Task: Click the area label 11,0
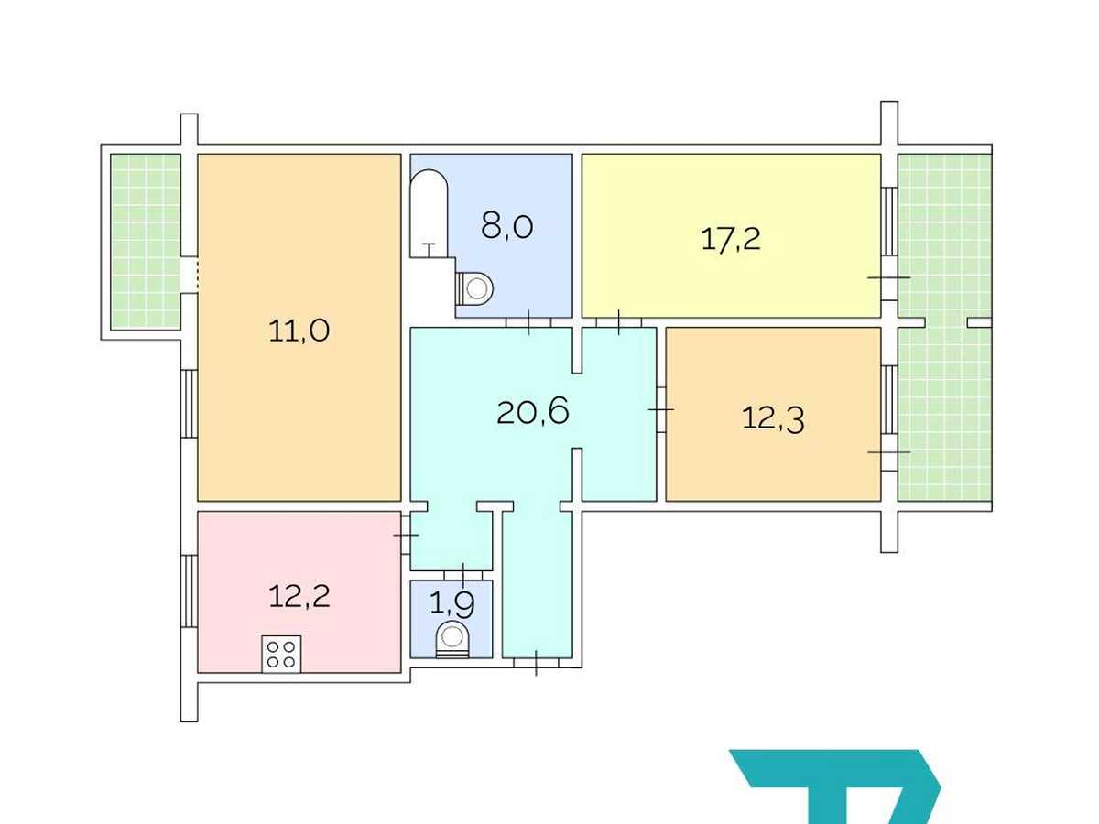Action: tap(299, 331)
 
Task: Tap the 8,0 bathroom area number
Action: tap(506, 226)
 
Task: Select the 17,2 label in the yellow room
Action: tap(731, 239)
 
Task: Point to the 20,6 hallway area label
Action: tap(533, 412)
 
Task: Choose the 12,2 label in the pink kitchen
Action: tap(299, 596)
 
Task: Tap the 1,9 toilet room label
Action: tap(452, 606)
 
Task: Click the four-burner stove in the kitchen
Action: tap(281, 654)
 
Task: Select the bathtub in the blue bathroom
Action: tap(429, 213)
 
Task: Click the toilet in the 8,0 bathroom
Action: tap(474, 288)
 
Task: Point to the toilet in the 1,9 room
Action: tap(452, 640)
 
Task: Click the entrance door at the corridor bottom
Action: tap(536, 663)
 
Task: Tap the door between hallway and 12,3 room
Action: tap(661, 409)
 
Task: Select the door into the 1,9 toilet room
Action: tap(462, 575)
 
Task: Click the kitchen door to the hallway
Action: tap(406, 535)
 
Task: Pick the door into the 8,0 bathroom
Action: tap(528, 322)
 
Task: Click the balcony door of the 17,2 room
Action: tap(889, 277)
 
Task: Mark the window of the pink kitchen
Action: tap(189, 591)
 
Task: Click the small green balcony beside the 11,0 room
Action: tap(146, 241)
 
